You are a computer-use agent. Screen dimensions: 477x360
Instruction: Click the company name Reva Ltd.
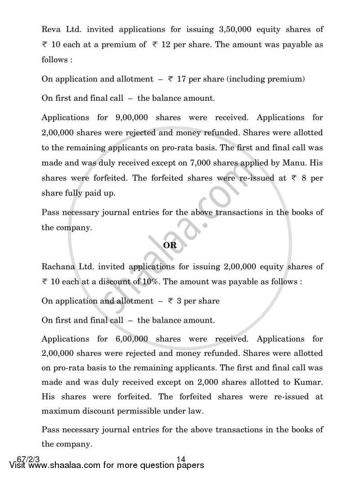pyautogui.click(x=61, y=30)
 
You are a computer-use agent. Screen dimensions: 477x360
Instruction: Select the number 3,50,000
pyautogui.click(x=228, y=30)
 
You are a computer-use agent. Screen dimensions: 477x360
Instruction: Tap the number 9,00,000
pyautogui.click(x=134, y=117)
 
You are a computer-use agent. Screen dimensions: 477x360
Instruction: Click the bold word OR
pyautogui.click(x=170, y=245)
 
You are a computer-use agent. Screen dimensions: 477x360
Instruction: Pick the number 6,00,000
pyautogui.click(x=134, y=339)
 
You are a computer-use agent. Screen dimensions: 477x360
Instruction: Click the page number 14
pyautogui.click(x=181, y=459)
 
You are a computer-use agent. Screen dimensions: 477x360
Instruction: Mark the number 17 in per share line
pyautogui.click(x=181, y=79)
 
